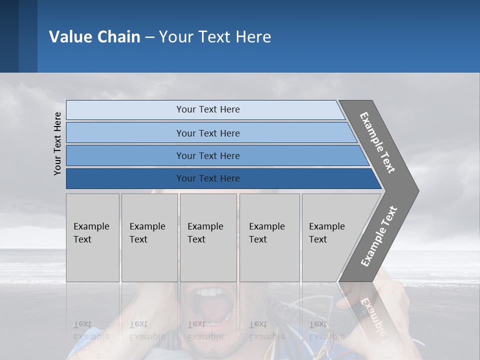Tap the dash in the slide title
point(149,37)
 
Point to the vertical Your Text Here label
point(57,143)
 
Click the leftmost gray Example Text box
point(92,237)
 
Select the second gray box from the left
point(149,237)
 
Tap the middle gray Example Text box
point(208,237)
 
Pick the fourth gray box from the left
point(269,237)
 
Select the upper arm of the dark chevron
point(377,142)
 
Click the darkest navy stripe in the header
point(9,36)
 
